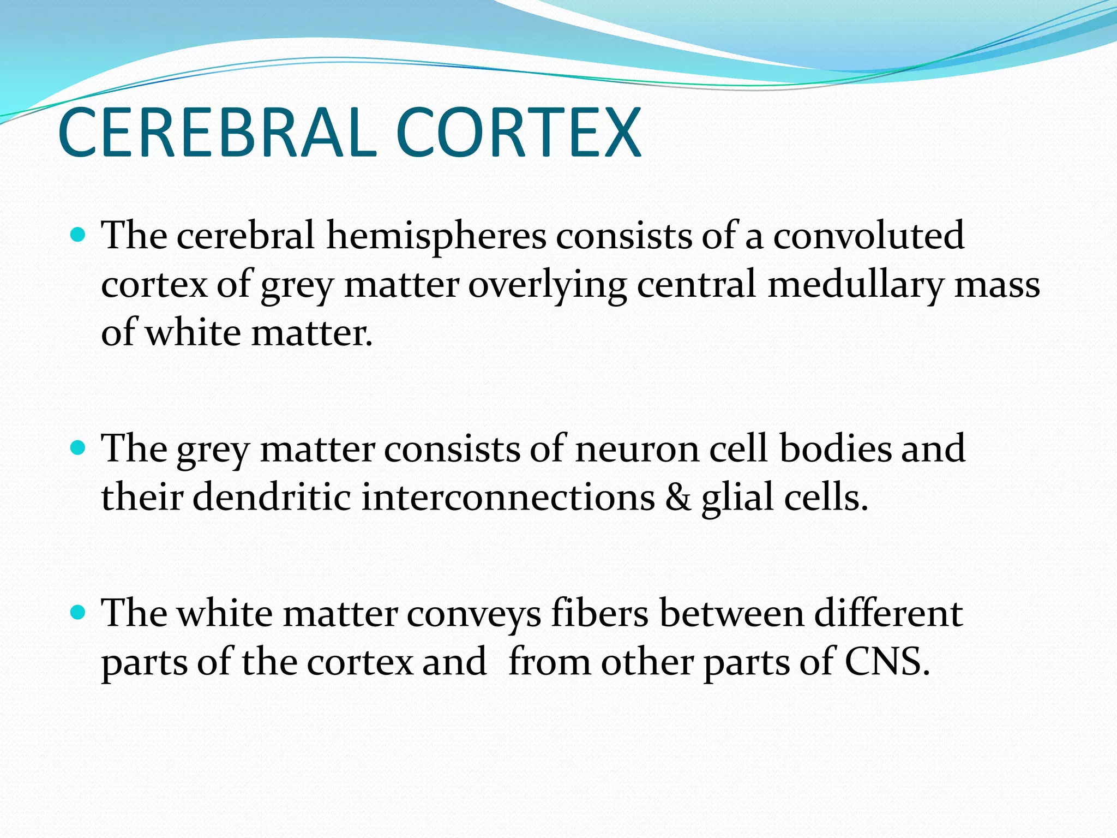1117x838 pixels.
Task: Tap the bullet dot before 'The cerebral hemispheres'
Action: pos(79,235)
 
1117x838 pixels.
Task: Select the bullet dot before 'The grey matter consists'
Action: pos(79,448)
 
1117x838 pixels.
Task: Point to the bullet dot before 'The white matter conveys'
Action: pos(79,613)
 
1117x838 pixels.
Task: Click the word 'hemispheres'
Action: pos(436,236)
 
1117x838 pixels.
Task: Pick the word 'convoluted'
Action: pos(868,236)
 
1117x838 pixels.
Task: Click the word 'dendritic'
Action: pos(272,498)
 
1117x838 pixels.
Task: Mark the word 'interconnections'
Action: pos(508,498)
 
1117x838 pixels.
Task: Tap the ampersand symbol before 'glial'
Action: pos(677,498)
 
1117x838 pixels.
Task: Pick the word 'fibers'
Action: pos(599,613)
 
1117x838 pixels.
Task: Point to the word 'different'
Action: pos(888,613)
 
